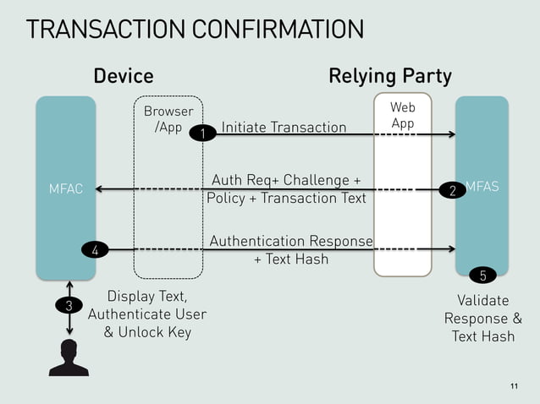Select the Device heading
pos(124,77)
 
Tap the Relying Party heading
pos(389,77)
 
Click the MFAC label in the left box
pos(66,188)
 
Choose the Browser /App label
pos(168,119)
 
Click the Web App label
pos(403,115)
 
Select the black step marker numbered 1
pos(202,133)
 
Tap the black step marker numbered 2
pos(453,190)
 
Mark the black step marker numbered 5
pos(482,275)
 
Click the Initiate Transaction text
pos(284,128)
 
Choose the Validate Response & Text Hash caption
pos(482,319)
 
